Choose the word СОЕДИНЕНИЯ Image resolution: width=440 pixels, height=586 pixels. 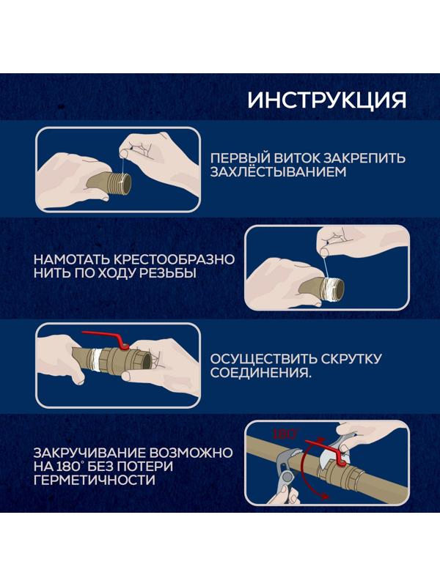257,374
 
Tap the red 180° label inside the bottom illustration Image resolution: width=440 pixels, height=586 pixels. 284,434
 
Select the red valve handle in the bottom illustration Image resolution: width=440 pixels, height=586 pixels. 326,445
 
